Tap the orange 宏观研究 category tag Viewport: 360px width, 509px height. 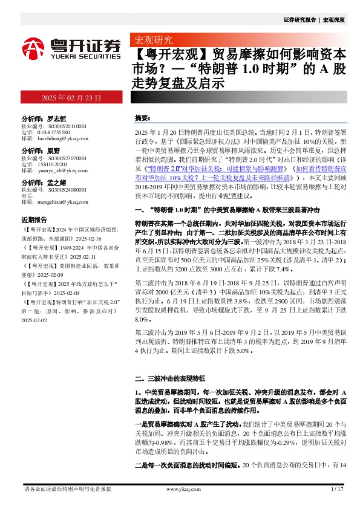coord(150,41)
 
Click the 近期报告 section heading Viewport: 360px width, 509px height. coord(34,220)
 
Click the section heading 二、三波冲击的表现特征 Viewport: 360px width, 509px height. coord(173,379)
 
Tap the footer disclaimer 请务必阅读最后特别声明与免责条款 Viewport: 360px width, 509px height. coord(67,489)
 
